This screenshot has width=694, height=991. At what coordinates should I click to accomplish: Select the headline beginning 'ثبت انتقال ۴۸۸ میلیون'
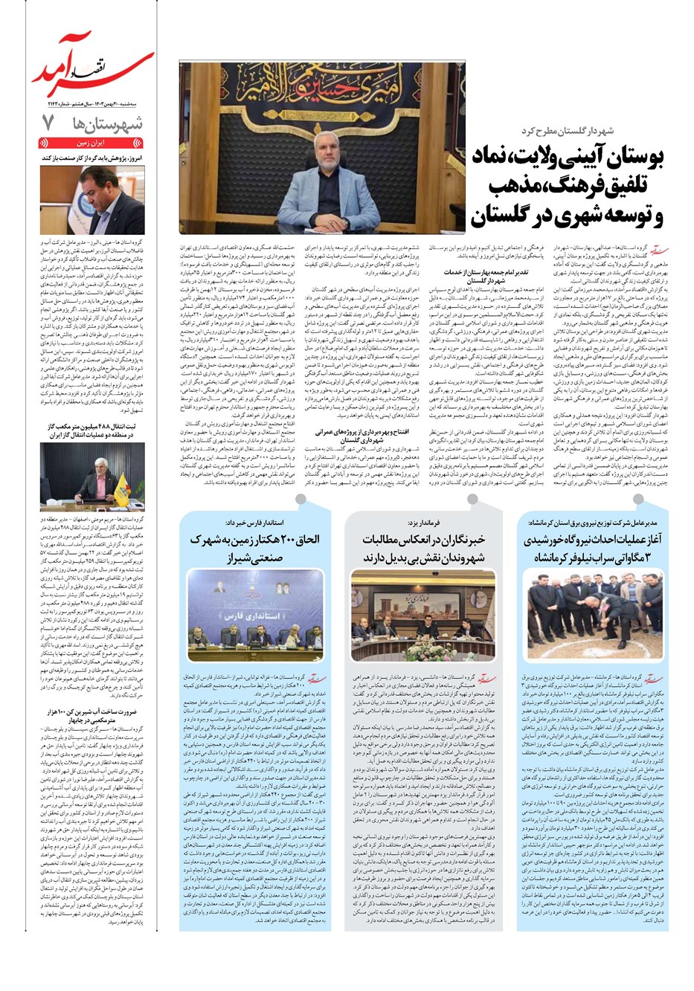[93, 430]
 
